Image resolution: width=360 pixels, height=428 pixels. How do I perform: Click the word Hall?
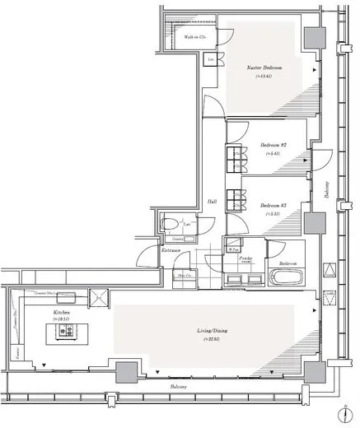click(212, 202)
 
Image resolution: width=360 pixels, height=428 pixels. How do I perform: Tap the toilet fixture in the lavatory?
click(171, 223)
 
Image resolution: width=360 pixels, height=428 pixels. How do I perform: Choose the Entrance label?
click(171, 249)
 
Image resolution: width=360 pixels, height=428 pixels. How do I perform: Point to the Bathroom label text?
click(288, 264)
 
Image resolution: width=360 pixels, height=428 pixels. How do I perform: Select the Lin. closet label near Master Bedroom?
click(211, 61)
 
